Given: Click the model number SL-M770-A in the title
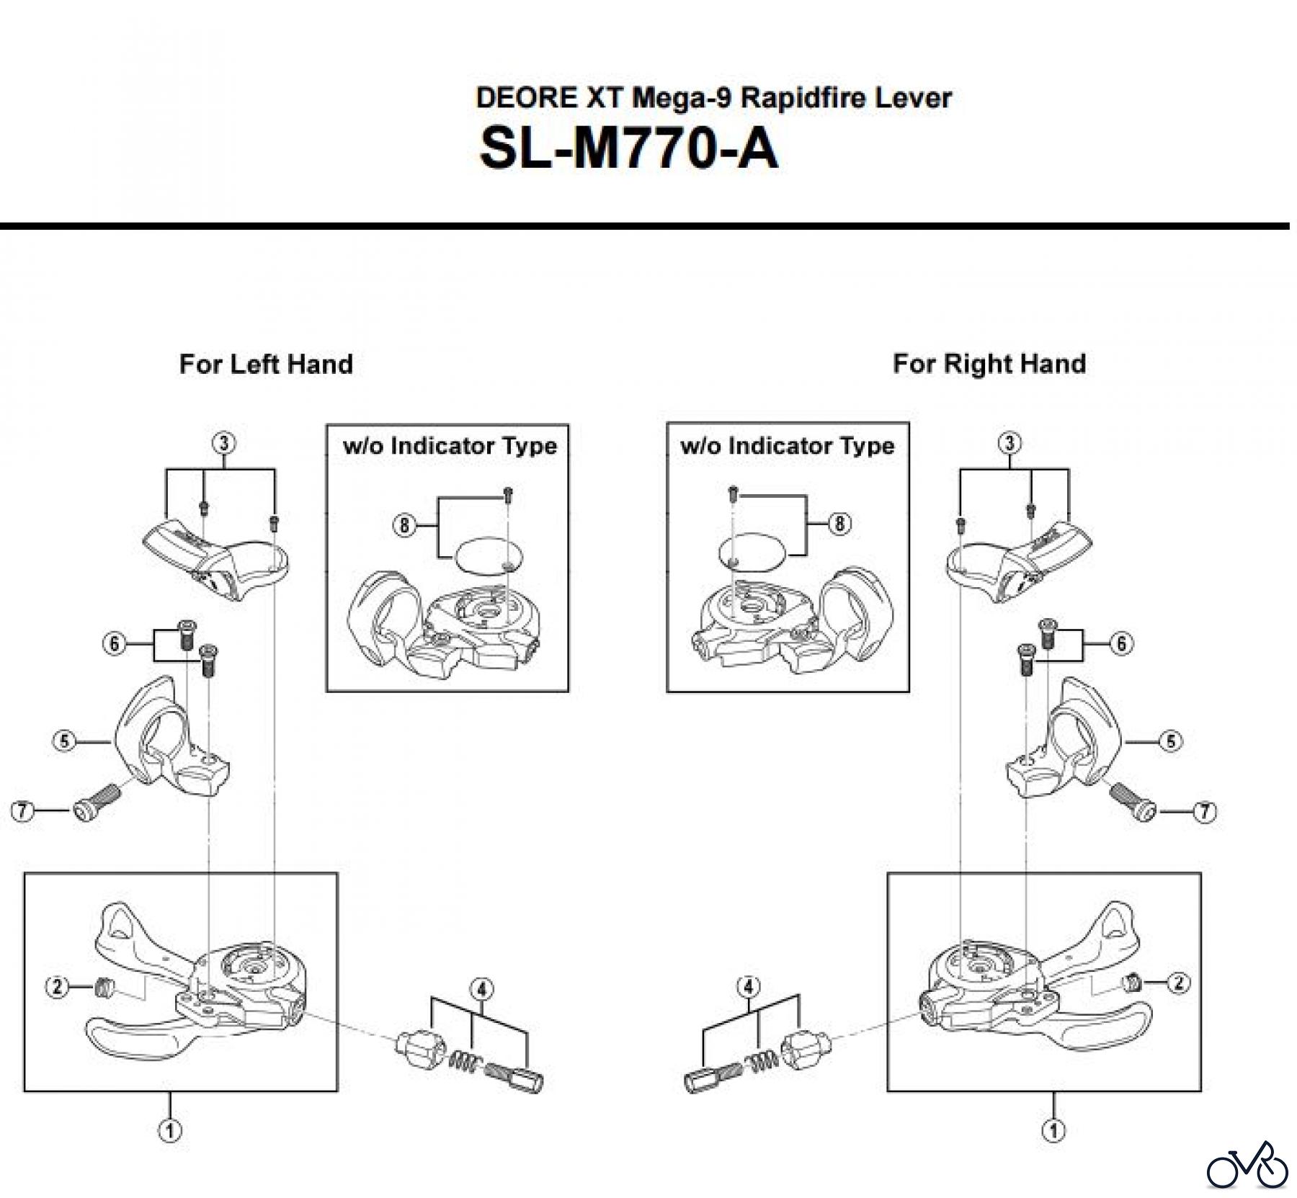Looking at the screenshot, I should pyautogui.click(x=628, y=149).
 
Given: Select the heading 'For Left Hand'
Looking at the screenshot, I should pyautogui.click(x=266, y=364).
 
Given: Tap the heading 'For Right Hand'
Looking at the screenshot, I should pyautogui.click(x=989, y=364).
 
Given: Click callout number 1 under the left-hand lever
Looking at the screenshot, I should pyautogui.click(x=170, y=1130).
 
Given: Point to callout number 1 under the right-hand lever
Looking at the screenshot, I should pyautogui.click(x=1053, y=1130).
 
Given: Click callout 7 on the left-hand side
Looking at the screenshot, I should pyautogui.click(x=23, y=812).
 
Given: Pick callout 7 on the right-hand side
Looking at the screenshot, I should pyautogui.click(x=1205, y=812).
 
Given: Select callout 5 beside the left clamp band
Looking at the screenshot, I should pyautogui.click(x=65, y=741).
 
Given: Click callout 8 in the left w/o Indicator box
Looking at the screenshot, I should pyautogui.click(x=404, y=525).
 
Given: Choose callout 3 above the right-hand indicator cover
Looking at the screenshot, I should pyautogui.click(x=1009, y=442).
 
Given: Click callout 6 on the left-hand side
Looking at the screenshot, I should pyautogui.click(x=115, y=643).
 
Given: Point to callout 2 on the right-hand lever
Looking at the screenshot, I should pyautogui.click(x=1178, y=983).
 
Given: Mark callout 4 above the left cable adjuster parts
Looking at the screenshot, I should pyautogui.click(x=481, y=988).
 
